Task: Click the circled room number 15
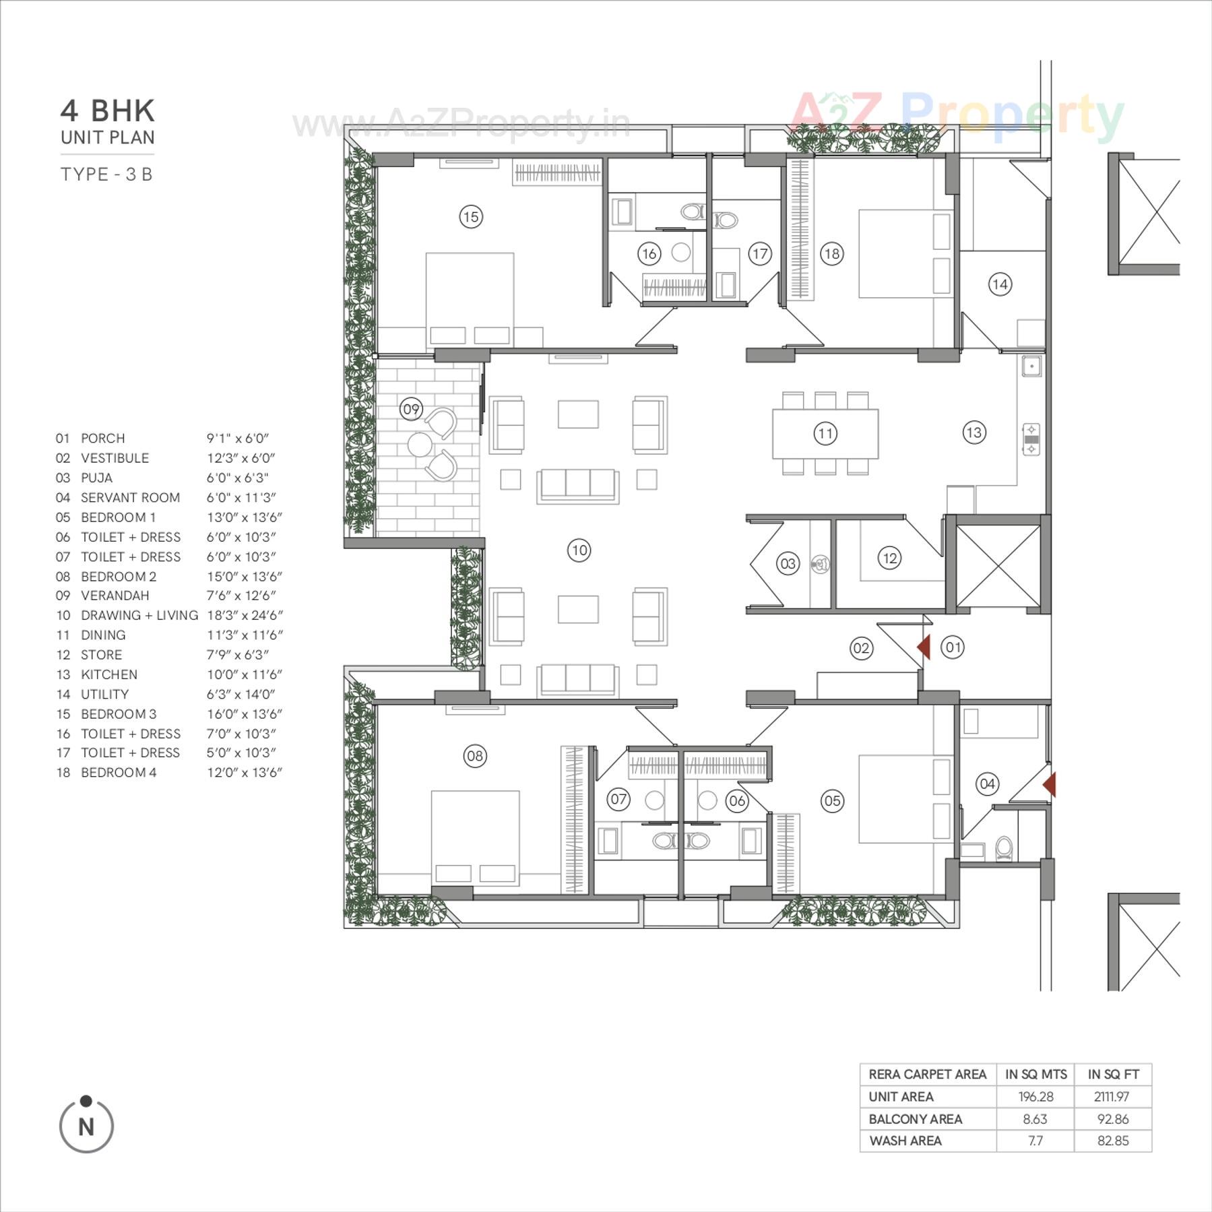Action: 470,217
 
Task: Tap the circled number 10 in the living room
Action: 579,550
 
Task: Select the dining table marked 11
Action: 825,433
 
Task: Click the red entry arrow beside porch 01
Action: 924,647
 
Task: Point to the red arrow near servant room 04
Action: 1049,785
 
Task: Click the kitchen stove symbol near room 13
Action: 1031,439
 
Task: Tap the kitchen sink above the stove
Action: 1031,366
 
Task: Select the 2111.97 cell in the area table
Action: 1112,1097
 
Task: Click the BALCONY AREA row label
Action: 915,1119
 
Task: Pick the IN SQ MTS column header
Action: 1035,1075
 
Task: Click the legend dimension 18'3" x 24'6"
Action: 245,615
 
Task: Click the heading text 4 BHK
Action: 108,111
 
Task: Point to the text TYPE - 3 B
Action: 106,174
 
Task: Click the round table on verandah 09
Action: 420,445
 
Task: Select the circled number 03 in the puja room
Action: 788,563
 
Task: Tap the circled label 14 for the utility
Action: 1000,284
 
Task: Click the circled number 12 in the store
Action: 889,558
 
